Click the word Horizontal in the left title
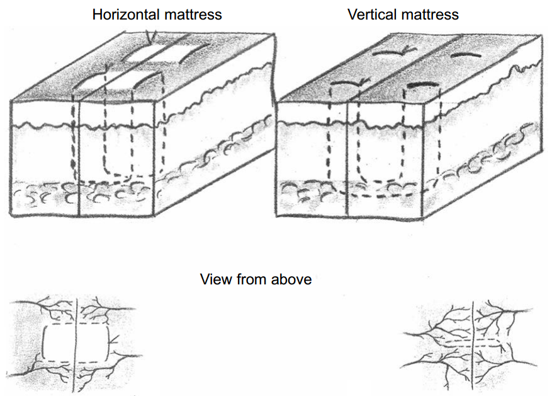point(123,14)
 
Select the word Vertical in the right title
point(369,14)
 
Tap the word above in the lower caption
point(291,279)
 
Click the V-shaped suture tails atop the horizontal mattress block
point(149,37)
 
